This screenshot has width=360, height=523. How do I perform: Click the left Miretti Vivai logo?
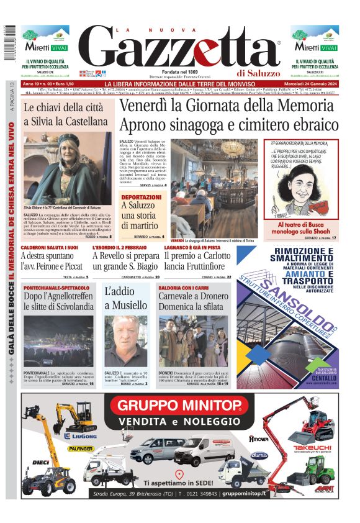click(46, 45)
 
